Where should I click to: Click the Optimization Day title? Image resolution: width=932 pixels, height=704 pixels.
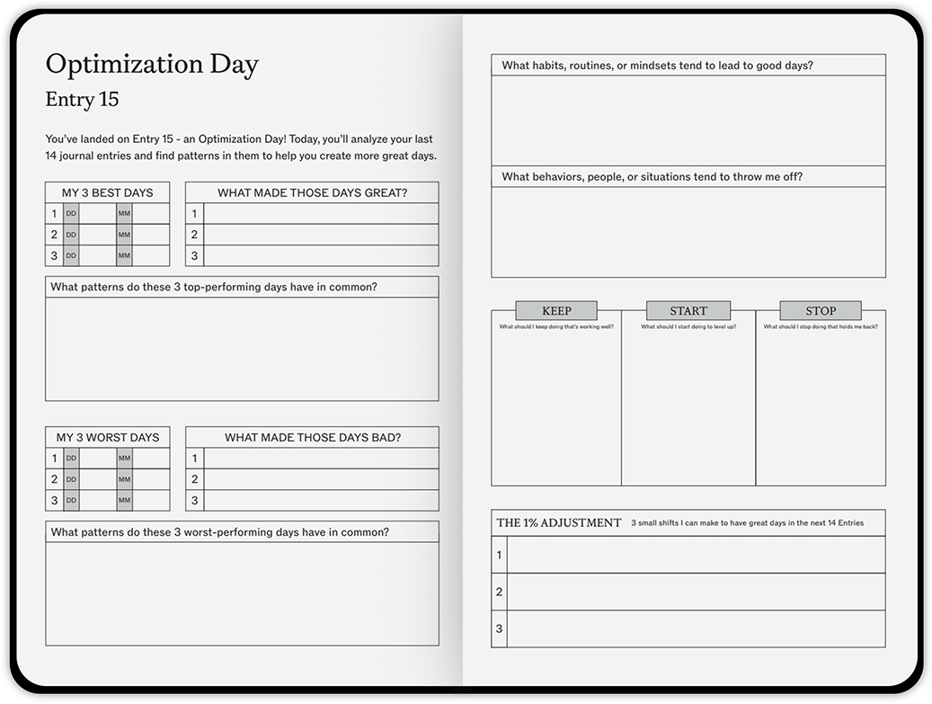tap(152, 65)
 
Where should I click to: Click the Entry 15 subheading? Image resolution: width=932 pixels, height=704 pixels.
tap(82, 99)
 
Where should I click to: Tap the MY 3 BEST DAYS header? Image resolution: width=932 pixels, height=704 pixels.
tap(107, 192)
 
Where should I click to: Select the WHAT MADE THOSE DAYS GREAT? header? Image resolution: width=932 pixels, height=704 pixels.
tap(312, 192)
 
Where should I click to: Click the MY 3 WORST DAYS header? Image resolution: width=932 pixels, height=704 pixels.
tap(107, 438)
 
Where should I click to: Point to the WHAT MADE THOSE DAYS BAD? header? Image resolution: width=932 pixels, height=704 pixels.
tap(312, 438)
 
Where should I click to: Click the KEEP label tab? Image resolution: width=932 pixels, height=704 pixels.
tap(556, 311)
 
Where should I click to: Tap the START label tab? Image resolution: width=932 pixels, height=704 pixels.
tap(688, 311)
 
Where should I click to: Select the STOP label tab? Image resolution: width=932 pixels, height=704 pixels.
tap(821, 311)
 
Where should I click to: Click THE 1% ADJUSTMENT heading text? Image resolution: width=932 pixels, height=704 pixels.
tap(559, 522)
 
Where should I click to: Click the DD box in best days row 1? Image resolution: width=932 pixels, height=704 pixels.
tap(71, 214)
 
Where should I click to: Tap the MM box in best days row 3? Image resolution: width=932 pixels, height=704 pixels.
tap(124, 255)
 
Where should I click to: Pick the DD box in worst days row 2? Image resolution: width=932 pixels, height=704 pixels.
tap(71, 479)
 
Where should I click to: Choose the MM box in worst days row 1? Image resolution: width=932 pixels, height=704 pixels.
tap(124, 459)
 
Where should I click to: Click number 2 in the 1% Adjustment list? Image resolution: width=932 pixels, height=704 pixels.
tap(500, 592)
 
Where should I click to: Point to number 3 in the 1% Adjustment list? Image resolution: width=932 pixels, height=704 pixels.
tap(500, 628)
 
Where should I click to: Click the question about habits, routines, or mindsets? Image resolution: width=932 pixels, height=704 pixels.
tap(657, 66)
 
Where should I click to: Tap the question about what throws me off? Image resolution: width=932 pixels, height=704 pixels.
tap(652, 177)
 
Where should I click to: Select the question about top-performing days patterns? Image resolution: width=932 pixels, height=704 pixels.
tap(214, 287)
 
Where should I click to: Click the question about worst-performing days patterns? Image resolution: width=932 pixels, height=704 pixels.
tap(220, 532)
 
